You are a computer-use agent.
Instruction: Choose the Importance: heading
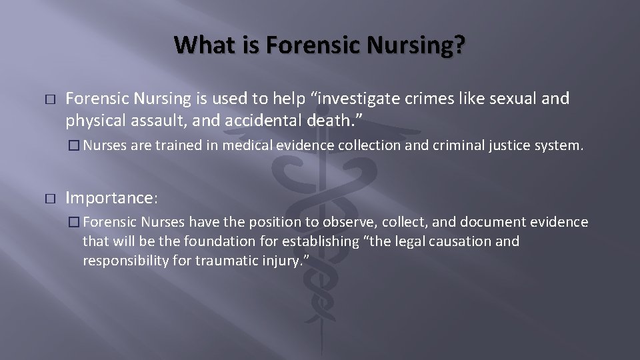pos(112,198)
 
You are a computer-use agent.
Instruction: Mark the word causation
pos(460,240)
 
